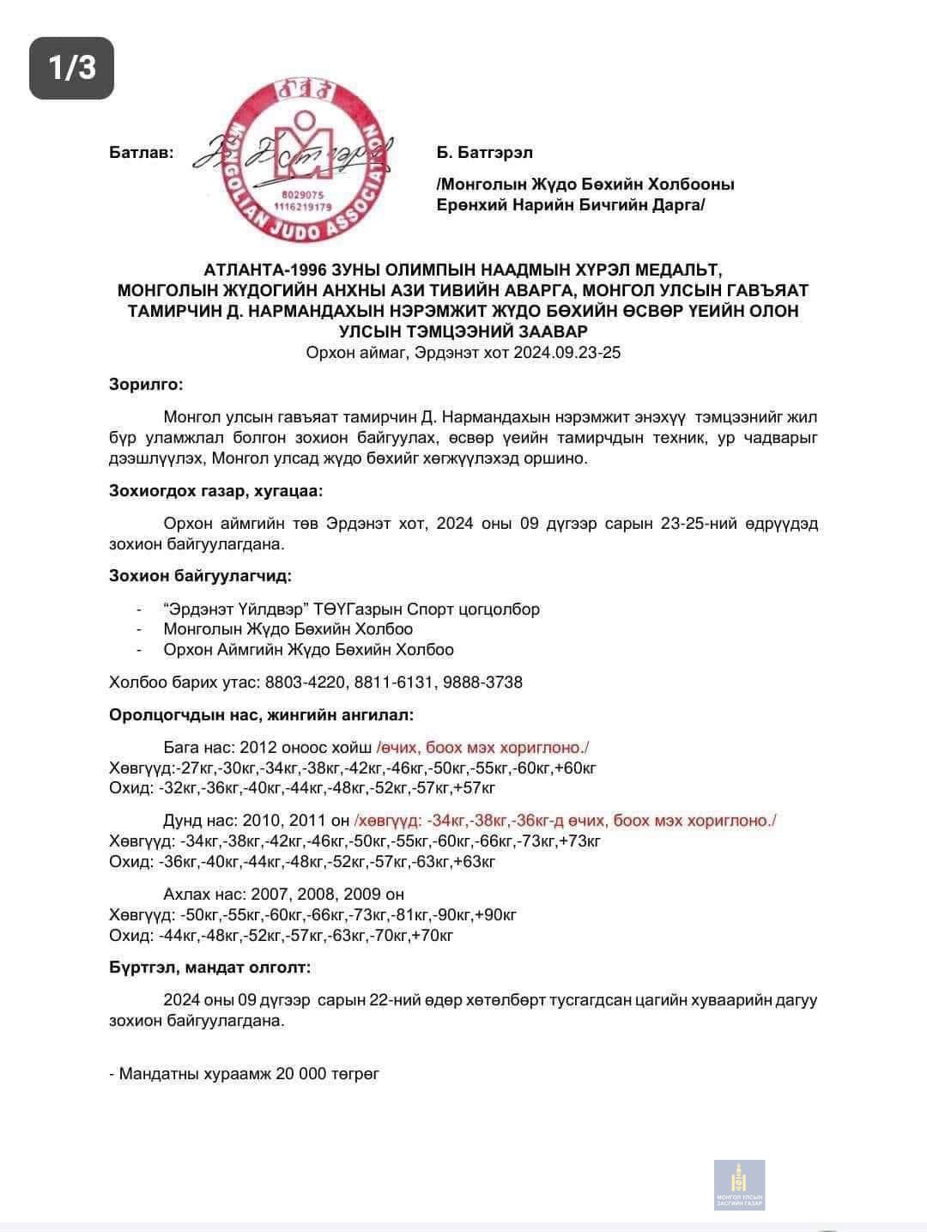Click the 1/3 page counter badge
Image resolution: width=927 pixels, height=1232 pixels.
click(x=71, y=68)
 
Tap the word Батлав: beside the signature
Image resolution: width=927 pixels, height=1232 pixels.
click(x=142, y=153)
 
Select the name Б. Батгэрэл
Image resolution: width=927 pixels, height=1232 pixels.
click(x=485, y=153)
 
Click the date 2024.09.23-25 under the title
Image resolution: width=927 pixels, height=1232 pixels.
click(x=567, y=353)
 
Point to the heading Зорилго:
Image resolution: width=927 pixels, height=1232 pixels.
click(x=146, y=385)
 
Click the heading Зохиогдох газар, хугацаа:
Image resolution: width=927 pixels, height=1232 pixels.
click(x=216, y=491)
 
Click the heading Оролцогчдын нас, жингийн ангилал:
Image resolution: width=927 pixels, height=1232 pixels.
click(x=261, y=714)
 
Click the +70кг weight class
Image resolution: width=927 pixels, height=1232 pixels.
click(x=433, y=936)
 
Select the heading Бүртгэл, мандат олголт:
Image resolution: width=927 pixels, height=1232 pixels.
click(x=209, y=968)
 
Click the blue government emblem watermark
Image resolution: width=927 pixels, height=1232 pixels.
click(x=739, y=1185)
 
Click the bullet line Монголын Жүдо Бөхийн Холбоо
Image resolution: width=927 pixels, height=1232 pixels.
click(x=288, y=629)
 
